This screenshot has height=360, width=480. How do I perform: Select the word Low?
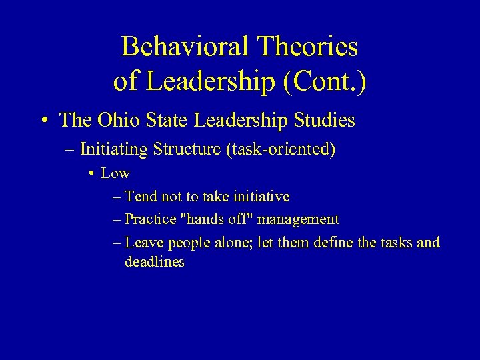click(115, 173)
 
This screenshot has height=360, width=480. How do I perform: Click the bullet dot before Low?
click(91, 174)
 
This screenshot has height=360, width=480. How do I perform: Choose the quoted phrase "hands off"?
click(214, 219)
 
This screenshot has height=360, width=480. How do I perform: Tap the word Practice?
click(149, 219)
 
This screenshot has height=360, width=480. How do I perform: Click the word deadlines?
click(154, 262)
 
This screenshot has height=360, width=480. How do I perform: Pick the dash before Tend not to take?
click(117, 197)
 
